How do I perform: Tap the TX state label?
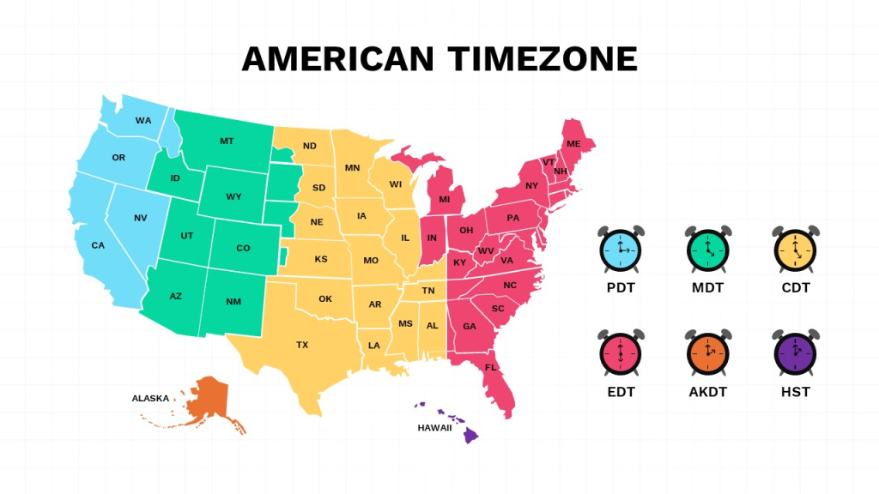[x=302, y=345]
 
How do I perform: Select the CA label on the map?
[x=98, y=245]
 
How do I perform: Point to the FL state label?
[x=491, y=367]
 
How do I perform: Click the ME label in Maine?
[x=573, y=143]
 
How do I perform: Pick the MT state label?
[x=227, y=141]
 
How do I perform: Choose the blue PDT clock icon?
[x=620, y=250]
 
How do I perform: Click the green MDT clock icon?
[x=707, y=250]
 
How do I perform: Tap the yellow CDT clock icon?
[x=795, y=250]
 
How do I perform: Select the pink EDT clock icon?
[x=620, y=352]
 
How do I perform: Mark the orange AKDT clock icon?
[x=707, y=352]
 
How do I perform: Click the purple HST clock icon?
[x=795, y=352]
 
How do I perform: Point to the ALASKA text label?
[x=150, y=398]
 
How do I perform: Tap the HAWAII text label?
[x=434, y=427]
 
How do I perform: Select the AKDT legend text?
[x=707, y=392]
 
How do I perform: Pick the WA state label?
[x=143, y=120]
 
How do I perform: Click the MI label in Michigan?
[x=444, y=199]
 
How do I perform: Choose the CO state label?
[x=243, y=248]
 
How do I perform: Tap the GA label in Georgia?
[x=470, y=326]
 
